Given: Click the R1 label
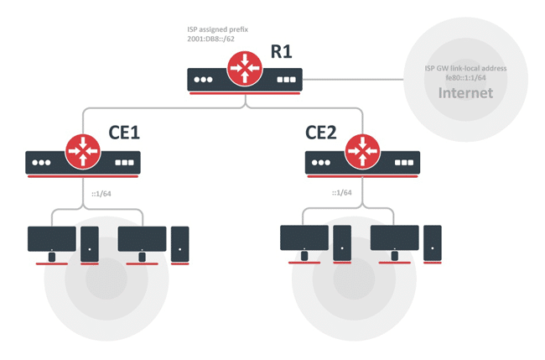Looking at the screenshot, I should pos(281,51).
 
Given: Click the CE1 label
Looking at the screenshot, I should pos(125,134).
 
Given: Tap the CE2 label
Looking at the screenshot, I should pos(320,134).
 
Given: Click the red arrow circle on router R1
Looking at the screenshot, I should pos(244,69).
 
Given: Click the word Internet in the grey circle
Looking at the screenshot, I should pos(465,92).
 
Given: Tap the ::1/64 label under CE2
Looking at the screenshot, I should pos(341,193).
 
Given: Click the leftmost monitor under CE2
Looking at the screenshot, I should pos(304,239).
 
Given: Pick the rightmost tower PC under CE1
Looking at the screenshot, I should pos(179,243).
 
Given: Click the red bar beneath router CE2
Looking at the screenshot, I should pos(362,177).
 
